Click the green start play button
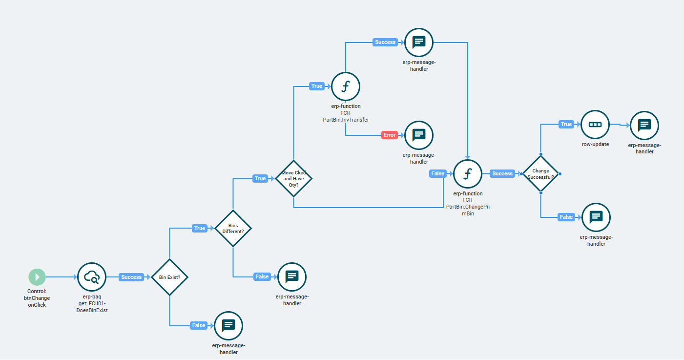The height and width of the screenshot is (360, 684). click(37, 277)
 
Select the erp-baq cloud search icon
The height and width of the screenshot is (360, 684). click(92, 277)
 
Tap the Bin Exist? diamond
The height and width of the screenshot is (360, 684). click(169, 277)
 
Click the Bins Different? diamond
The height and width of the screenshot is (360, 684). click(233, 228)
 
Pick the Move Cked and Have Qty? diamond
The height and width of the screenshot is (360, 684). click(293, 179)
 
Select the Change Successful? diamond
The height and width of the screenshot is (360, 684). click(541, 174)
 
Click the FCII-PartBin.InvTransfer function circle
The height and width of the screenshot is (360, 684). click(346, 86)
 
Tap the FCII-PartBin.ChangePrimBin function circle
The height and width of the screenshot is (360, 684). click(468, 174)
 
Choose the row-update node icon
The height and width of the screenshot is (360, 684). click(595, 125)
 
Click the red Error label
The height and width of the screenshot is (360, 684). click(389, 135)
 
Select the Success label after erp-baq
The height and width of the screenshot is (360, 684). click(131, 277)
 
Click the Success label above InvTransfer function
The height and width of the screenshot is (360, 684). click(385, 42)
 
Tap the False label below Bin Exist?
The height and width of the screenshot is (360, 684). click(199, 325)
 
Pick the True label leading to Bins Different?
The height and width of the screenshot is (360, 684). click(200, 228)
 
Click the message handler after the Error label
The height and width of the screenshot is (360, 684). click(419, 135)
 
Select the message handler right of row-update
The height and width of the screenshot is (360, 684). click(644, 125)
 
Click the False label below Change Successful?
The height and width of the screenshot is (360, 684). click(566, 217)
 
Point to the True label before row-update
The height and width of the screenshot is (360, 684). click(566, 124)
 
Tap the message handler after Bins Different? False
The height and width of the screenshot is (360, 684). click(292, 276)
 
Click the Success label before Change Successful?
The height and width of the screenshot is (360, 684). click(502, 173)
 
